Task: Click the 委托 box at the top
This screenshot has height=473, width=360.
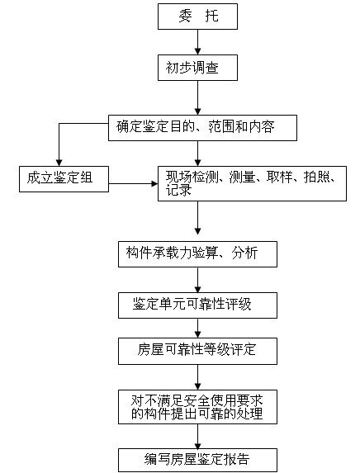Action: (x=197, y=17)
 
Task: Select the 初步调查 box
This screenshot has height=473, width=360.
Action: (x=197, y=68)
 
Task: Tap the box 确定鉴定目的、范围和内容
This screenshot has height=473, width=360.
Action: (x=202, y=128)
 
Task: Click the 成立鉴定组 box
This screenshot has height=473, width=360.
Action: (x=64, y=179)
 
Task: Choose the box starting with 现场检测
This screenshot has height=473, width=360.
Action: (x=252, y=183)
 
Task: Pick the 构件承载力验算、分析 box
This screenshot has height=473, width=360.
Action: (x=197, y=254)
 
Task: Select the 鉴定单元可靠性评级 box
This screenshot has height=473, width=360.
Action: (x=197, y=305)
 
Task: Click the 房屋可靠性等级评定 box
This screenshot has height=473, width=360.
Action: (x=197, y=351)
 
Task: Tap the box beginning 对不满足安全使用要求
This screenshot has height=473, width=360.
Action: (x=197, y=407)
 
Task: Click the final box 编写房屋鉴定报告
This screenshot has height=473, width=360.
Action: (x=197, y=460)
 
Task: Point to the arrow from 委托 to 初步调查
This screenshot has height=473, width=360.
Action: (x=197, y=42)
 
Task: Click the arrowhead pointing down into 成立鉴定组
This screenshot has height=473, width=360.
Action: (x=59, y=163)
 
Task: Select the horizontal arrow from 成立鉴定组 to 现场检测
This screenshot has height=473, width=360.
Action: (x=133, y=183)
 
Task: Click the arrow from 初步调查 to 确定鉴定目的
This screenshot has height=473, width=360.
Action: (x=197, y=97)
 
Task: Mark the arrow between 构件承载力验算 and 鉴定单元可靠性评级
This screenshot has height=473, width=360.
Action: (x=197, y=280)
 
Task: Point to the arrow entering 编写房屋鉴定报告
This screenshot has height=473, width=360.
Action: (x=197, y=436)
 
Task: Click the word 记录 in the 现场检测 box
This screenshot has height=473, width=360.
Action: (x=178, y=191)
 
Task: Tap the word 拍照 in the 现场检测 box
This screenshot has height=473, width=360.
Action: (x=317, y=177)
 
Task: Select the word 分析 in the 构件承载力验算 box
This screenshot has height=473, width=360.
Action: (x=244, y=253)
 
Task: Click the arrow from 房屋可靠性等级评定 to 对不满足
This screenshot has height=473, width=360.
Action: (x=197, y=377)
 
